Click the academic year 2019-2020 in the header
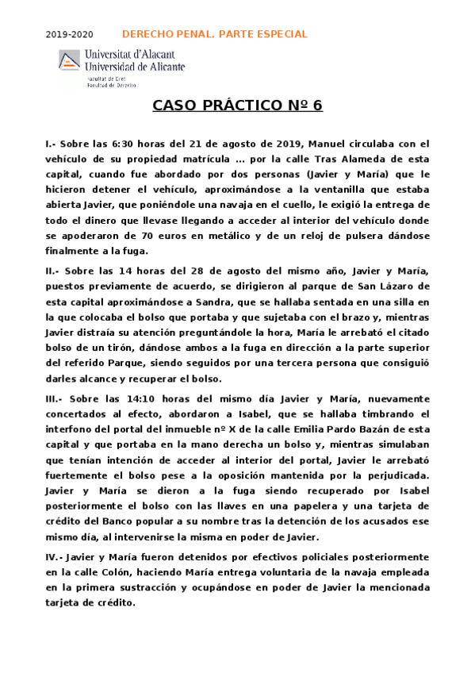pos(69,35)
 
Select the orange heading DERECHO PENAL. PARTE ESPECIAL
pos(214,34)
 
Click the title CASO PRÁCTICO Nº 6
pos(237,106)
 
